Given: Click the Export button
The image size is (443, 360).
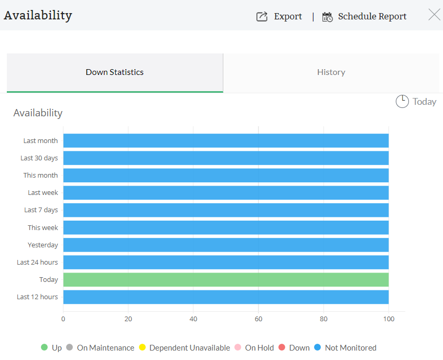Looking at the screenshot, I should pos(279,16).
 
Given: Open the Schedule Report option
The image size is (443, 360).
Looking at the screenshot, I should pos(364,16).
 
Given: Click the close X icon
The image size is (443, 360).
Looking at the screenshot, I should pos(434,15).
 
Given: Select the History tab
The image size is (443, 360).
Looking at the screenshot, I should pos(331,72).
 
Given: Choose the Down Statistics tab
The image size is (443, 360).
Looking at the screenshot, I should pos(114,72).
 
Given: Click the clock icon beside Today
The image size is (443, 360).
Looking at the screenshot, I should pos(402,102).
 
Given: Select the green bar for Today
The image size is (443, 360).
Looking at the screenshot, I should pos(225,280).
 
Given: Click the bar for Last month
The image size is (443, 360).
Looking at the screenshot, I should pos(225,140).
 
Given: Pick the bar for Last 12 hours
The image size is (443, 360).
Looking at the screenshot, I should pos(225,297).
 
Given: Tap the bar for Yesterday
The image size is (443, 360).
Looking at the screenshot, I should pos(225,245).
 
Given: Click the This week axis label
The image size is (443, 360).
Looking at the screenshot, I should pos(43,227).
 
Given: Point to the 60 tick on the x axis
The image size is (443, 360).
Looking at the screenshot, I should pos(258,319).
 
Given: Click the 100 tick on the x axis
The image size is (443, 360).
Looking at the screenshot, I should pos(388,319).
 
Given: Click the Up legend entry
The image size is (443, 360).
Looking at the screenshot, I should pos(51,347).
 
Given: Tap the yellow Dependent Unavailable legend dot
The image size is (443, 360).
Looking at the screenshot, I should pos(142,347).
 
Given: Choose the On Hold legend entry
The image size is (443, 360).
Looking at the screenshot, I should pos(254,347).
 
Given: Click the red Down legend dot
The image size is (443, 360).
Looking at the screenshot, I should pos(282,347).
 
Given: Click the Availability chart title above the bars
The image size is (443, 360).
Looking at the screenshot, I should pos(38,113).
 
